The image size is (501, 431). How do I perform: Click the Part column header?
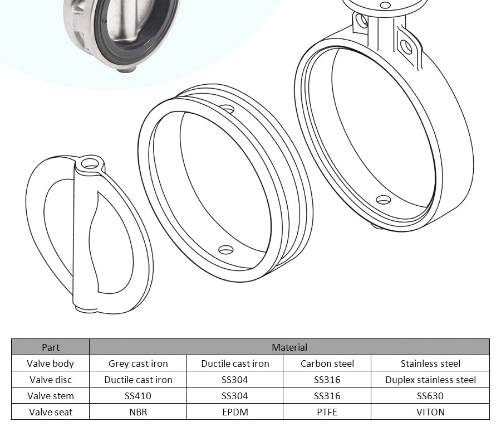click(51, 347)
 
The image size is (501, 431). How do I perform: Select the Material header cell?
click(289, 347)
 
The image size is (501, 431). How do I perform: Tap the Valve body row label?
click(51, 364)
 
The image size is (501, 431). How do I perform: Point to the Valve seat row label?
click(51, 412)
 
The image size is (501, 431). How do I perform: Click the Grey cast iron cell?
click(138, 364)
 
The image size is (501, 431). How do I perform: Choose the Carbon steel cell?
click(327, 364)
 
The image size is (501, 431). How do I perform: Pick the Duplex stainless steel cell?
click(430, 380)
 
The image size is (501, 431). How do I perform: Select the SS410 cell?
click(138, 396)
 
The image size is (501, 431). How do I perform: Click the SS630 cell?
click(430, 396)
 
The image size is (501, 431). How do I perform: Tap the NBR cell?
click(138, 412)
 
